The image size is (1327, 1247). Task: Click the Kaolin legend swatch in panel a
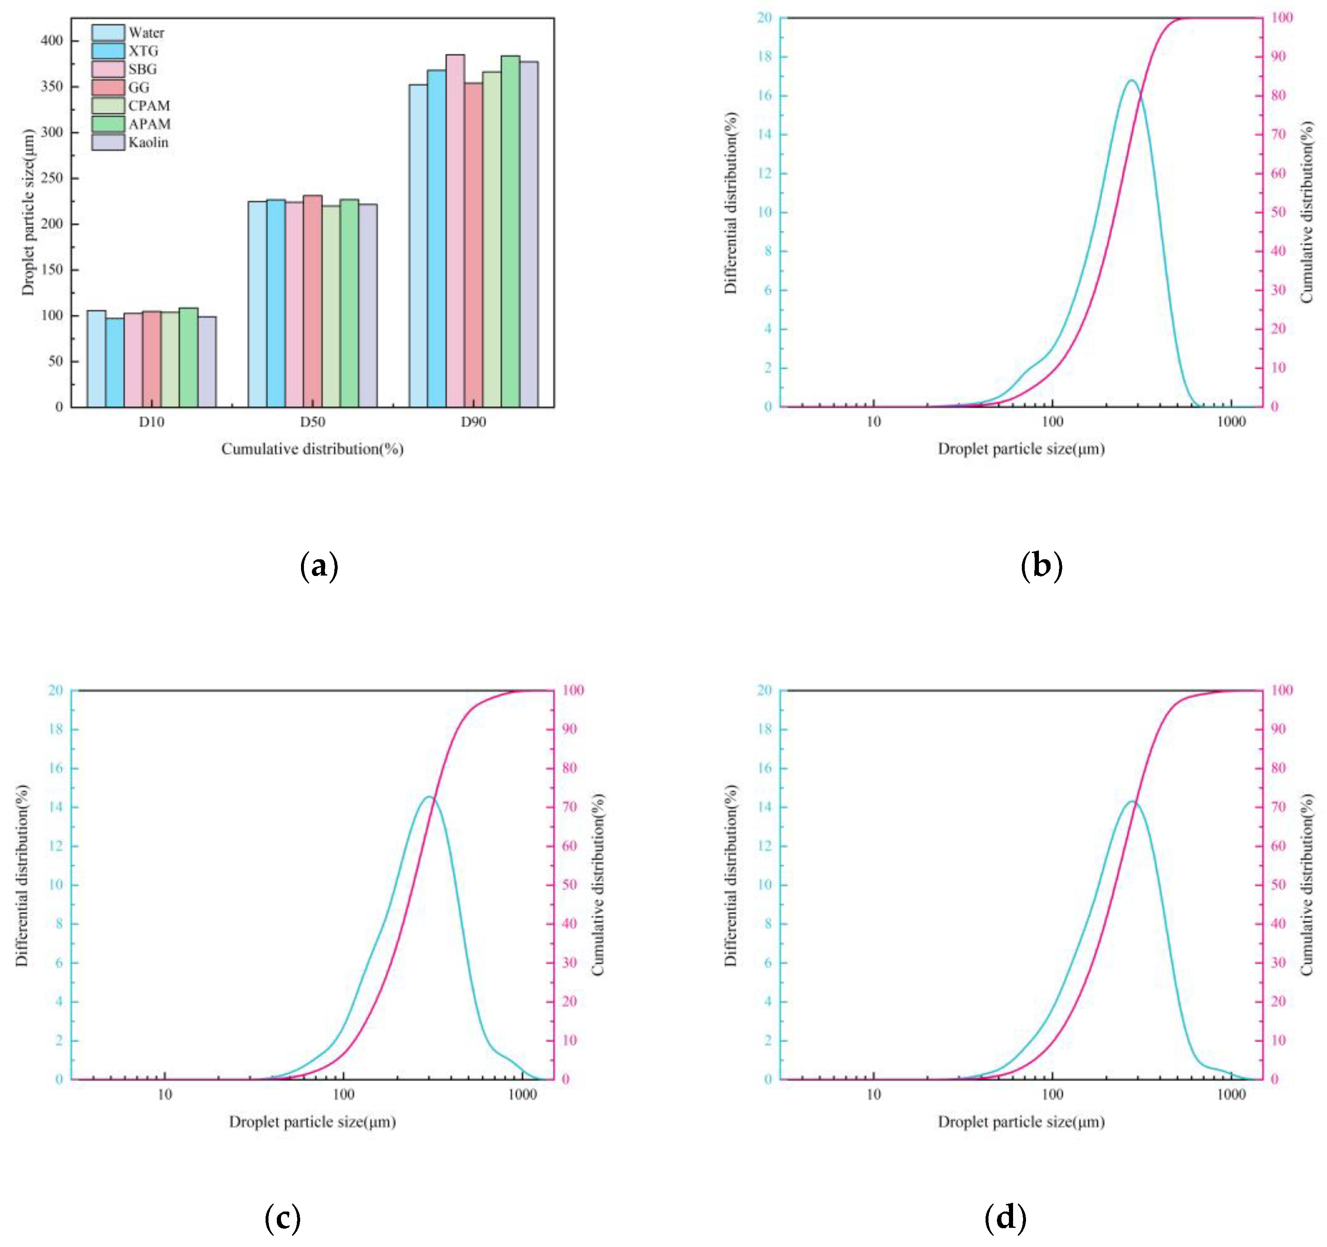coord(108,142)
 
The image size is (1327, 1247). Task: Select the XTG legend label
coord(143,51)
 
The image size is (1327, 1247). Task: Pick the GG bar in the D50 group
coord(312,301)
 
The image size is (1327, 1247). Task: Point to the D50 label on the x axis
coord(312,422)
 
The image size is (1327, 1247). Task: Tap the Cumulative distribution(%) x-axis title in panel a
coord(312,449)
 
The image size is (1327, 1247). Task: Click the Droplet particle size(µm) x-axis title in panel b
coord(1021,449)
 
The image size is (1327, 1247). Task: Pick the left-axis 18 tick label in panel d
coord(764,729)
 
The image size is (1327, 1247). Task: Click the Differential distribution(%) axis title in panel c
coord(22,875)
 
